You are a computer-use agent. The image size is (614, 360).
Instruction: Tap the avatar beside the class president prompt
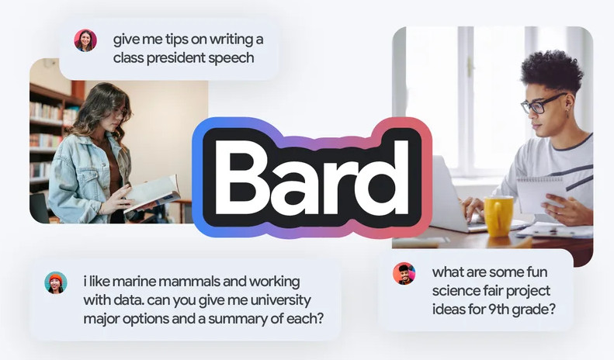coord(85,40)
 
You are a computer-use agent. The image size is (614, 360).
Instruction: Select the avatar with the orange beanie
coord(56,282)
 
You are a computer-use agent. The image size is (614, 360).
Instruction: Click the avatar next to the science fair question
coord(404,274)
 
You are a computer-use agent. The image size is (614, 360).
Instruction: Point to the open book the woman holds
coord(153,194)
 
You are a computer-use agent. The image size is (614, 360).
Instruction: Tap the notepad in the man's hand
coord(540,195)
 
